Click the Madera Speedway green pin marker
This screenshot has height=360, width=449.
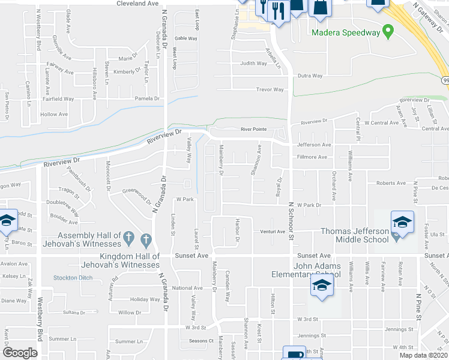pyautogui.click(x=388, y=30)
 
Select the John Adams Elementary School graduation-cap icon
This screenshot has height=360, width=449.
pyautogui.click(x=322, y=286)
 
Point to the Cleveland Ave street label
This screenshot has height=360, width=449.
pyautogui.click(x=137, y=4)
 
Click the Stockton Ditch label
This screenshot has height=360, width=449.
pyautogui.click(x=73, y=277)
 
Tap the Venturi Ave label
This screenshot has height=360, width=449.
pyautogui.click(x=272, y=231)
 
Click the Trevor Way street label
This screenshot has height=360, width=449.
pyautogui.click(x=270, y=89)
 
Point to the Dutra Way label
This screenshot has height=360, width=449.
pyautogui.click(x=310, y=76)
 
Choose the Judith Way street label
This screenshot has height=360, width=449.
pyautogui.click(x=253, y=63)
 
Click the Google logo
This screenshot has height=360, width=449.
pyautogui.click(x=20, y=352)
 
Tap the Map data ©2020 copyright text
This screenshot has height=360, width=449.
pyautogui.click(x=424, y=355)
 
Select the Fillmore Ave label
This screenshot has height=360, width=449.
pyautogui.click(x=312, y=157)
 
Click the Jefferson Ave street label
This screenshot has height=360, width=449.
pyautogui.click(x=314, y=145)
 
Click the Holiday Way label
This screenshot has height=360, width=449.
pyautogui.click(x=145, y=299)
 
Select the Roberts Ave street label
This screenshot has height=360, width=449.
pyautogui.click(x=391, y=183)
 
